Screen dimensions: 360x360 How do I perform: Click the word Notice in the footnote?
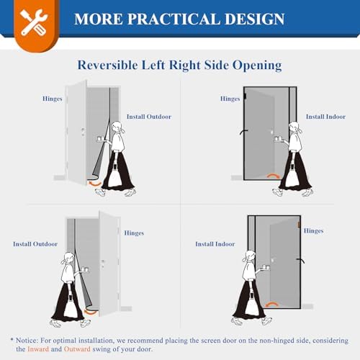pos(31,338)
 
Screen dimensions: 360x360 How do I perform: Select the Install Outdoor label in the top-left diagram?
pos(148,116)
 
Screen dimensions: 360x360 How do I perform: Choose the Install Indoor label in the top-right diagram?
pos(325,116)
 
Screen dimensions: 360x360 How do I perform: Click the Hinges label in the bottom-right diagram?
pos(313,230)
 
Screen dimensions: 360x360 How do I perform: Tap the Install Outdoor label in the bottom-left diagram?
pos(34,244)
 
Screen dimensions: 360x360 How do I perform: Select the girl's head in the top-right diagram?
pos(294,130)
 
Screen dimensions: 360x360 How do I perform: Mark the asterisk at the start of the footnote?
pos(12,338)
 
